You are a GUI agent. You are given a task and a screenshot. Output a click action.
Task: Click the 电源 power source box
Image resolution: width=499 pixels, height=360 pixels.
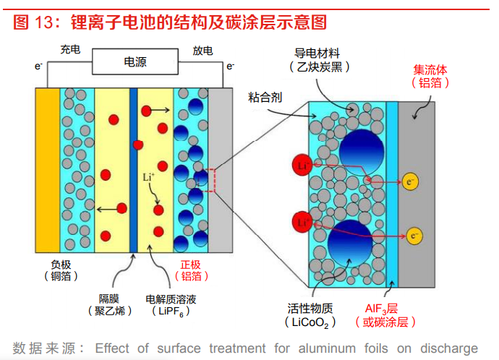coord(135,61)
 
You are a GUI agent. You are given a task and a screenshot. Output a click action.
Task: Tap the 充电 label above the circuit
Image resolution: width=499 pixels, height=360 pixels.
coord(70,50)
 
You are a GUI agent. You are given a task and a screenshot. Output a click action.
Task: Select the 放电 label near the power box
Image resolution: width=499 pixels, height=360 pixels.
coord(202,51)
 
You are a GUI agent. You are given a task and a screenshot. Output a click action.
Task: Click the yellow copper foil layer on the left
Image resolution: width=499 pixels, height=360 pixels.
coord(48,170)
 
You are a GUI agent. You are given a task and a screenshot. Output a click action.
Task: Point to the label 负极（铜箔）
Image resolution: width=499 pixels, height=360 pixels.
coord(61,270)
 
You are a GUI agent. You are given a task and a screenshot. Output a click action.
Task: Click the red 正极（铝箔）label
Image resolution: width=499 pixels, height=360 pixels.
coord(191,270)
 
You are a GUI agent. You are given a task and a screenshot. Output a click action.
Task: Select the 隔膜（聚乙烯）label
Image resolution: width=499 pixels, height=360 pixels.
coord(109,304)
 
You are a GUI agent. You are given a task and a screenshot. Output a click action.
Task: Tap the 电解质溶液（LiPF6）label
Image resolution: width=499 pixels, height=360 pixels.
coord(171,305)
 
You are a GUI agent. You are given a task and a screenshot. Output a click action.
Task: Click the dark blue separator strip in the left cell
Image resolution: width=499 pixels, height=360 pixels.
coord(133,170)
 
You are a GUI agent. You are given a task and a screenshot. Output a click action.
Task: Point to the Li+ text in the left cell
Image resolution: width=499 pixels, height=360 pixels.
coord(149,177)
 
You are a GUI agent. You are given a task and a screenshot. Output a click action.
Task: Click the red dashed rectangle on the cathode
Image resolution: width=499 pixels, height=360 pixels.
coord(210,180)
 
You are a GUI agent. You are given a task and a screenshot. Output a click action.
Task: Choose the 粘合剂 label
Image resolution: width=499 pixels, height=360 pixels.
coord(265,98)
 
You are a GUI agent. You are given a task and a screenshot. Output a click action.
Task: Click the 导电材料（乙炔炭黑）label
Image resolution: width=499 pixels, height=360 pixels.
coord(319,60)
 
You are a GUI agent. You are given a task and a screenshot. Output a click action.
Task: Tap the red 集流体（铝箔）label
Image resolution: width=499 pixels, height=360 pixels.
coord(430,77)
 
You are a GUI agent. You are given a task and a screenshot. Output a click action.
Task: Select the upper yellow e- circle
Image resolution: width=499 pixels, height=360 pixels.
coord(410,182)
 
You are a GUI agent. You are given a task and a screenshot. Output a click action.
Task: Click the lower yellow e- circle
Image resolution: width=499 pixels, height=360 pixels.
coord(414,236)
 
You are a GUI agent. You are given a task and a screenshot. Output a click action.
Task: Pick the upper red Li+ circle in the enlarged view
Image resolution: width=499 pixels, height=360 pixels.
coord(302,165)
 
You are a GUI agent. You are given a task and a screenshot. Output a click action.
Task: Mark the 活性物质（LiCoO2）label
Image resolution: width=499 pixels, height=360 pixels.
coord(310,315)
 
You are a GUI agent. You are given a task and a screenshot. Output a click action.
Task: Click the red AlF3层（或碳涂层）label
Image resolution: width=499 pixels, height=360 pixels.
coord(385,315)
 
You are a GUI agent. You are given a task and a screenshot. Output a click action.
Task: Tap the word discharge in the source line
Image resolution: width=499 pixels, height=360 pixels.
coord(449,348)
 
